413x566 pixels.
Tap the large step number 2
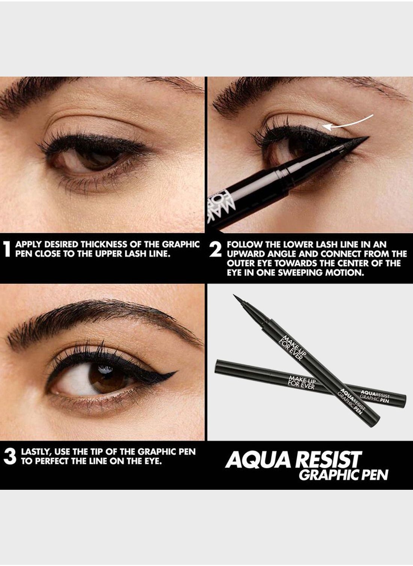[x=216, y=249]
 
